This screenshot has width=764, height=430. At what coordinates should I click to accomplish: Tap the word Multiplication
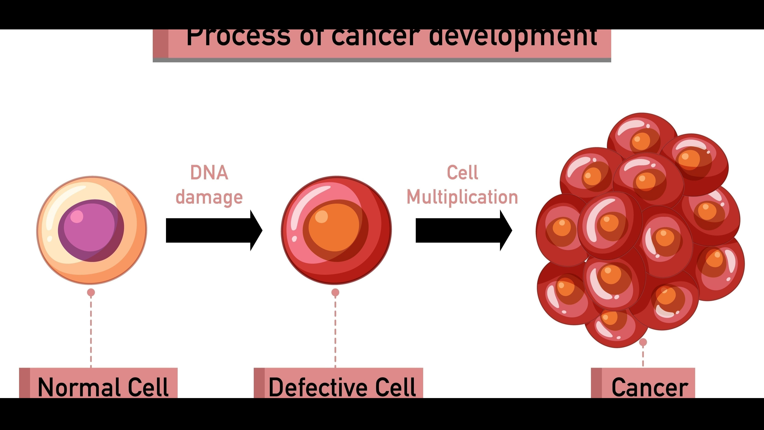tap(462, 197)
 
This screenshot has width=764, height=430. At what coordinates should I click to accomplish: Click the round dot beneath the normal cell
tap(91, 293)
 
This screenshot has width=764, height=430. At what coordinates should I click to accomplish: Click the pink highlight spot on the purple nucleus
tap(77, 216)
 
